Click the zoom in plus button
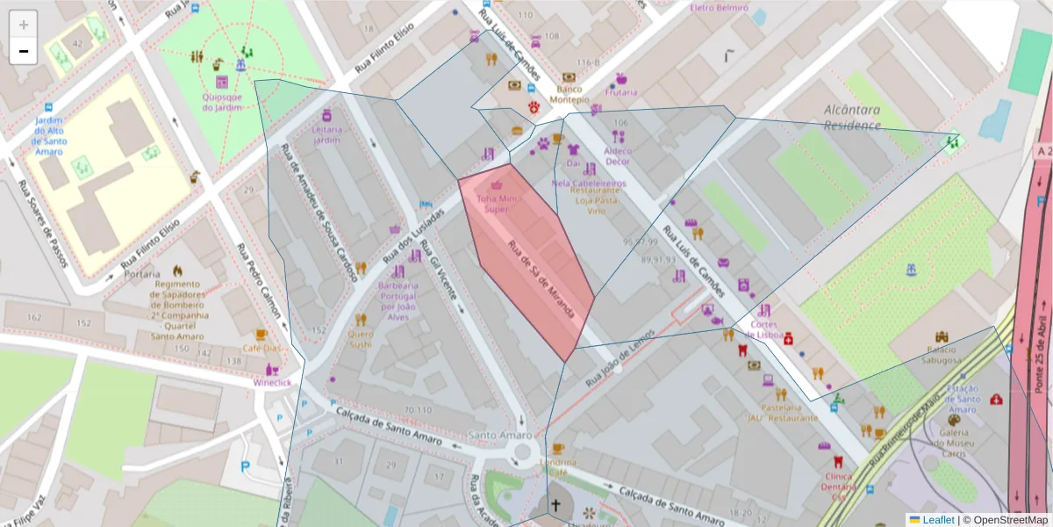point(24,25)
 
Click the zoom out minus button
point(24,51)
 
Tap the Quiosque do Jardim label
point(221,102)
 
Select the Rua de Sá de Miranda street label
point(542,279)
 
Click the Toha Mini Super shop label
point(497,204)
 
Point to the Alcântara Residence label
point(852,118)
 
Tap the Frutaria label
point(621,92)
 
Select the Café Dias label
point(261,348)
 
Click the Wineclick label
point(271,383)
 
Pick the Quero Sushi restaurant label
point(361,339)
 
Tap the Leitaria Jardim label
point(326,134)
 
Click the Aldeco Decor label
point(618,155)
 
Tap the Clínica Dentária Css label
point(838,486)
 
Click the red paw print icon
point(534,107)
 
